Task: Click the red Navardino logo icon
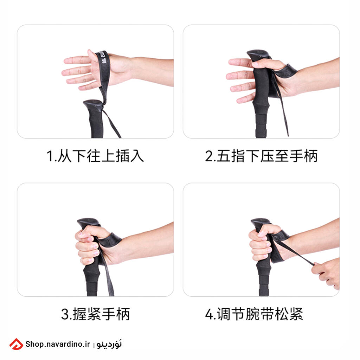pyautogui.click(x=16, y=344)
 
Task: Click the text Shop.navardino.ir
pyautogui.click(x=57, y=344)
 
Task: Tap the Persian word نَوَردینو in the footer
pyautogui.click(x=109, y=344)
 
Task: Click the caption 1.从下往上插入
pyautogui.click(x=95, y=156)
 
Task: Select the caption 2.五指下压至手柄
pyautogui.click(x=261, y=156)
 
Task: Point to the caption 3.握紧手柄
pyautogui.click(x=95, y=314)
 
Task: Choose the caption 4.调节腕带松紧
pyautogui.click(x=254, y=314)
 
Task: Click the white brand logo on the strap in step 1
pyautogui.click(x=103, y=57)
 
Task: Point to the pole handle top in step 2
pyautogui.click(x=258, y=55)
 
